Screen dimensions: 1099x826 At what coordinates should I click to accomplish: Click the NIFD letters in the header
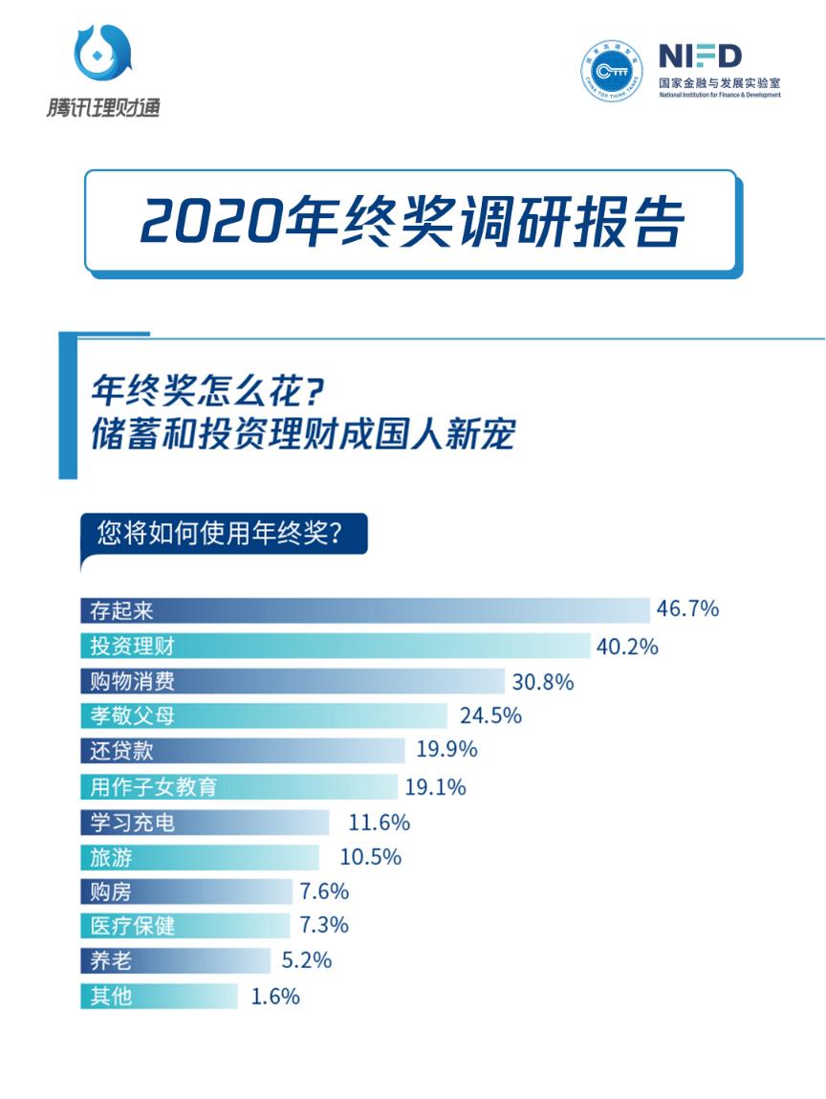click(699, 55)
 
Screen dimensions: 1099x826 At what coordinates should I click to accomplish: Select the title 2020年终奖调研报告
click(412, 223)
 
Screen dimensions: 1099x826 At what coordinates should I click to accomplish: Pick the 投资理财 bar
click(335, 646)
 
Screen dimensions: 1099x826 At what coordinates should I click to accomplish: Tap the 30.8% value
click(542, 682)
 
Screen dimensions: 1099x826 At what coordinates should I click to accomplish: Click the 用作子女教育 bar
click(238, 786)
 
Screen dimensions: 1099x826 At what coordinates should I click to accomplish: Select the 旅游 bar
click(200, 856)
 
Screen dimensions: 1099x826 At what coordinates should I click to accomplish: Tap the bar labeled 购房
click(185, 892)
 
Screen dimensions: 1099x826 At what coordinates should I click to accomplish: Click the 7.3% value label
click(323, 925)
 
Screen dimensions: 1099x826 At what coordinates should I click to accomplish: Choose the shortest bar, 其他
click(159, 996)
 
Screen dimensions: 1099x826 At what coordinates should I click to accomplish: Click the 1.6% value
click(275, 996)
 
